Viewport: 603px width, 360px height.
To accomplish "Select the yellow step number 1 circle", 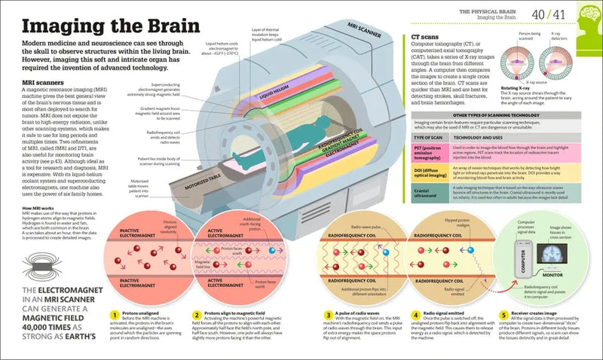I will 115,315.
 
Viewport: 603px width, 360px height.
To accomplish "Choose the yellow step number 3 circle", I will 329,315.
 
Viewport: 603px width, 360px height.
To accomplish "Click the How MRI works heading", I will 37,206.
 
